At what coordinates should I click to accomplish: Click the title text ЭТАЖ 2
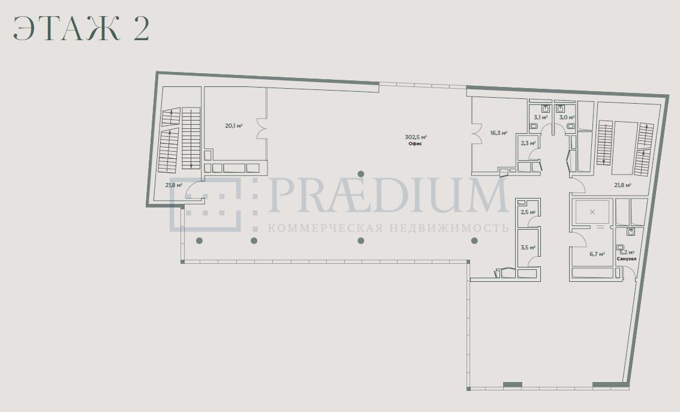pos(82,29)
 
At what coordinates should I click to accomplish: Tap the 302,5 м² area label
pos(416,137)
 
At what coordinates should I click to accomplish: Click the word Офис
pos(415,143)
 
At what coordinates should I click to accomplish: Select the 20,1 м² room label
pos(233,126)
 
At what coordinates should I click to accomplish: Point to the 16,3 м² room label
pos(499,133)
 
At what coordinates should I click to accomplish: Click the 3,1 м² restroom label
pos(540,117)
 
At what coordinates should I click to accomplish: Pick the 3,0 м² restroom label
pos(567,117)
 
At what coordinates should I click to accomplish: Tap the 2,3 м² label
pos(528,143)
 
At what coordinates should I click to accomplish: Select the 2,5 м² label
pos(528,212)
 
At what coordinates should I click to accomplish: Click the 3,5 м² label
pos(528,248)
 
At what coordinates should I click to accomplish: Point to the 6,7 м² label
pos(597,254)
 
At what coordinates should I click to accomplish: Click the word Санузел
pos(627,258)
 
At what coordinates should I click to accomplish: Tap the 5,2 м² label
pos(627,252)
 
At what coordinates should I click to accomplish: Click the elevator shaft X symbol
pos(592,212)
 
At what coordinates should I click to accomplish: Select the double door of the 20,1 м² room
pos(262,129)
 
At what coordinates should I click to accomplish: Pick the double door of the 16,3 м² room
pos(477,133)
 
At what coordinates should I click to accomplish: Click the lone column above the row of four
pos(361,174)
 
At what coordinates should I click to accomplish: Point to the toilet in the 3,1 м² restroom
pos(534,126)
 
